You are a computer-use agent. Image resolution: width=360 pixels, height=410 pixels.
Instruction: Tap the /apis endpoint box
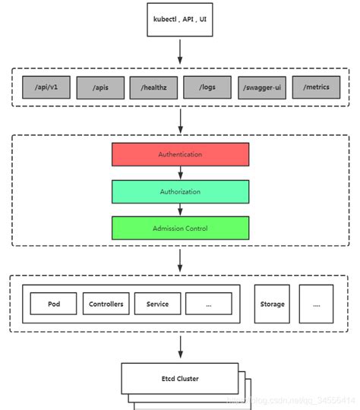tap(99, 87)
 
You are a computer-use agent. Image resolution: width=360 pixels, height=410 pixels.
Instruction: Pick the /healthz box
tap(153, 87)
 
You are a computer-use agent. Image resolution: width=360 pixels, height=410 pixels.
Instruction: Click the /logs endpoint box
tap(207, 87)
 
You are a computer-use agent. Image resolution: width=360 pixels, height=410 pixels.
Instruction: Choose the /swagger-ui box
tap(262, 87)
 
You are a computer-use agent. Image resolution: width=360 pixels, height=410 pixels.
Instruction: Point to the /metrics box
tap(315, 87)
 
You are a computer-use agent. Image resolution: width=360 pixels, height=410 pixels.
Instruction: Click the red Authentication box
tap(180, 154)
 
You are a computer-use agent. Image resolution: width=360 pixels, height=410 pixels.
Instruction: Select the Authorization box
tap(180, 191)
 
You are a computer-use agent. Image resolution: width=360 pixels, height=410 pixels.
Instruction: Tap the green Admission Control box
tap(180, 228)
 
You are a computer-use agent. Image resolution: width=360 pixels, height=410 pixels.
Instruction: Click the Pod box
tap(53, 304)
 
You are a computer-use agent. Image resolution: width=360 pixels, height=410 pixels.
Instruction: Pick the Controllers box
tap(106, 304)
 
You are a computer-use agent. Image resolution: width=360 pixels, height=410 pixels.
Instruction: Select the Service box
tap(157, 304)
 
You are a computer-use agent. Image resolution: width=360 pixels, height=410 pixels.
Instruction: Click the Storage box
tap(272, 304)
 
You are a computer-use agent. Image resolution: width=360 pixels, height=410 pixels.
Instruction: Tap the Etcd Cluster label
tap(180, 377)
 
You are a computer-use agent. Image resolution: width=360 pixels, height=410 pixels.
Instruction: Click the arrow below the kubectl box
tap(180, 51)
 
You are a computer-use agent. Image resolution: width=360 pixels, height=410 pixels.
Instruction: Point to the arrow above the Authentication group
tap(180, 119)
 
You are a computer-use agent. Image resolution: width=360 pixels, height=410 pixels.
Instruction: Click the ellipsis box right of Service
tap(208, 304)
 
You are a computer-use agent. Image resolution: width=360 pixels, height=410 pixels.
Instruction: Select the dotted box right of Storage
tap(316, 304)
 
